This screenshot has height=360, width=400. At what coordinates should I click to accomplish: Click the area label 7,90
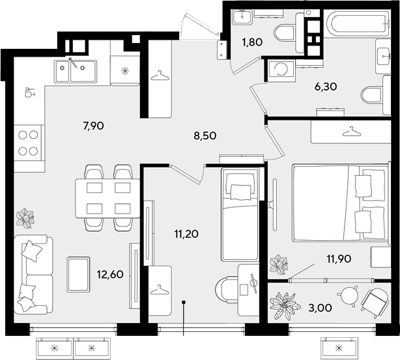point(93,126)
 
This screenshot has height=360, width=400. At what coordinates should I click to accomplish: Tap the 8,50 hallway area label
point(205,135)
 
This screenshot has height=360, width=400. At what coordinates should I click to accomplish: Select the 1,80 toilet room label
point(252,42)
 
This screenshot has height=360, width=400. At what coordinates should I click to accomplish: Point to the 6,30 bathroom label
point(326,87)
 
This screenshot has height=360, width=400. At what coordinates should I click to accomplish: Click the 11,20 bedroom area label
point(186,234)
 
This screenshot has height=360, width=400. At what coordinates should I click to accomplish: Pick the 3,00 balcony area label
point(320,308)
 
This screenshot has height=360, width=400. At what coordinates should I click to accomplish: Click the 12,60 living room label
point(110,274)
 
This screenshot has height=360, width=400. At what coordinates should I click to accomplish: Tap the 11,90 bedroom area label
point(339,259)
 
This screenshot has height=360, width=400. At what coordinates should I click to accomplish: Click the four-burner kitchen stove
point(28,143)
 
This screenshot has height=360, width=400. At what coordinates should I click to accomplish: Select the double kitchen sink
point(76,72)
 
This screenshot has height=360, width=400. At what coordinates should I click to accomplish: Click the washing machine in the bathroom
point(281,70)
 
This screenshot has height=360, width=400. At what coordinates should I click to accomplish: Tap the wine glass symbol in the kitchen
point(29,92)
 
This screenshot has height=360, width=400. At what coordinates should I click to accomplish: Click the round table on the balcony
point(349,296)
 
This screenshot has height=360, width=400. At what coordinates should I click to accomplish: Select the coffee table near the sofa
point(78,274)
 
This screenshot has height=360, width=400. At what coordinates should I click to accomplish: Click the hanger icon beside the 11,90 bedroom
point(351,132)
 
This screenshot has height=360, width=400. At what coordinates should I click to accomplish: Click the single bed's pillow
point(241,192)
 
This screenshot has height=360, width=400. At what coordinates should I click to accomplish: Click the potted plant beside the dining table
point(25,218)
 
